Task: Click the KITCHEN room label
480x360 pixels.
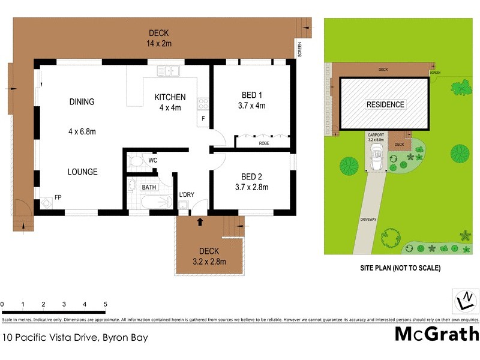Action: [x=170, y=97]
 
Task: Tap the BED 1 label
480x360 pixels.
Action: [x=251, y=95]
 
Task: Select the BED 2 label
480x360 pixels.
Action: [x=251, y=177]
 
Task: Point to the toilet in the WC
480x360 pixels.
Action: [x=136, y=161]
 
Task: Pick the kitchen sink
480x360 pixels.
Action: [x=169, y=72]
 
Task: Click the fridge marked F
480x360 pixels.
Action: [x=203, y=118]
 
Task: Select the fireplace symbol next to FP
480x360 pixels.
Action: [x=46, y=202]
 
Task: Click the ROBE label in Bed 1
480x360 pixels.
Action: [x=264, y=144]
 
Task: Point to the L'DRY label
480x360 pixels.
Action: [x=187, y=194]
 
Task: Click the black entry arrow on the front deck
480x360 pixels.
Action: [x=200, y=222]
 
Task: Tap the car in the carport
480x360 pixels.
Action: [x=378, y=157]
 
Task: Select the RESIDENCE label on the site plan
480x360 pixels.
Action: [x=385, y=104]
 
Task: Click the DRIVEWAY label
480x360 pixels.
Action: [x=368, y=220]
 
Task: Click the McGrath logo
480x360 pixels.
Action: [x=436, y=334]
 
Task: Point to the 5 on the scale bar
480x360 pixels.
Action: [x=105, y=304]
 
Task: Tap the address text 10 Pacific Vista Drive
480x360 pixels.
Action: [x=75, y=338]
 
